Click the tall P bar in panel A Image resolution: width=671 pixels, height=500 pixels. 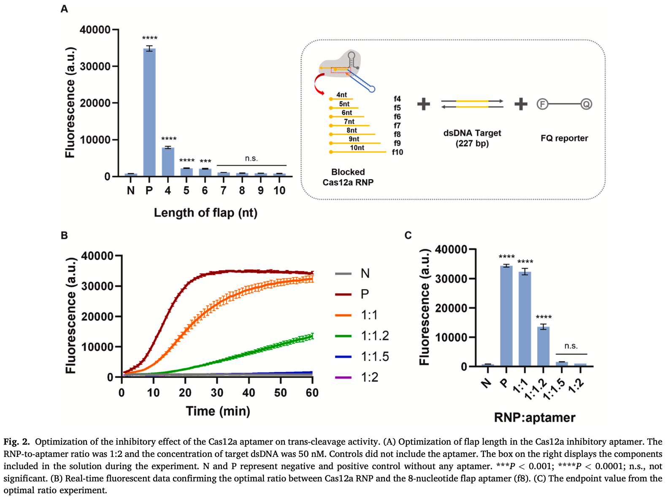tap(149, 112)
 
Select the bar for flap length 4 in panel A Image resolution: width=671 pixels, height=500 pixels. tap(168, 162)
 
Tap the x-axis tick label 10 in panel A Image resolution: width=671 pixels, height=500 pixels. tap(279, 191)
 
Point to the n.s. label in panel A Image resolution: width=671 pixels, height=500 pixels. tap(251, 158)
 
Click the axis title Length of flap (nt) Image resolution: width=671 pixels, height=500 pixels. tap(206, 212)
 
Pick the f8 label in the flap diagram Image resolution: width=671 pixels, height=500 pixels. tap(397, 134)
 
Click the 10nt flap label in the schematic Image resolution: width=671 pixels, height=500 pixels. tap(357, 147)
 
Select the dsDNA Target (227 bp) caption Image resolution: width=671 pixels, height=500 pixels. tap(472, 138)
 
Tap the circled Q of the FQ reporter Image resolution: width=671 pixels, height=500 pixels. tap(586, 104)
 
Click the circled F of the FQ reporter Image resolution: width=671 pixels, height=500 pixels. tap(542, 104)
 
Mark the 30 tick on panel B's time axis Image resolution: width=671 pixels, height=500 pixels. tap(217, 393)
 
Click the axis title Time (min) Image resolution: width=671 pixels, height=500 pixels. tap(218, 411)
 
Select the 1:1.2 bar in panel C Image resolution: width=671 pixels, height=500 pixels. tap(544, 346)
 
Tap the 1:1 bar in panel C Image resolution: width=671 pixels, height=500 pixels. tap(525, 319)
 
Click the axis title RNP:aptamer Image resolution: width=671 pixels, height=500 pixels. tap(535, 418)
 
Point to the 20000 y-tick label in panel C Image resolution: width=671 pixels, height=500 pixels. tap(451, 308)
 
